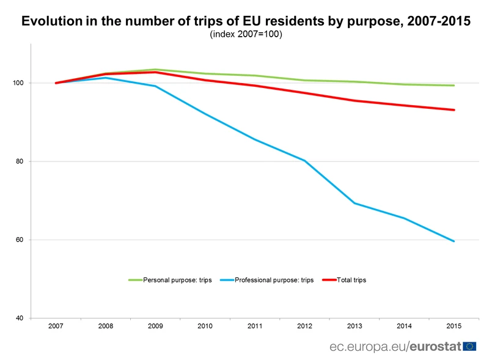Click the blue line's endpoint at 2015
pos(453,241)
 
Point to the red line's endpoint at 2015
pos(453,110)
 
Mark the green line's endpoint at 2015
pos(453,86)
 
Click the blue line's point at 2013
pos(354,203)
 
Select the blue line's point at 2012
pos(304,160)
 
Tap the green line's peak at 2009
pos(155,70)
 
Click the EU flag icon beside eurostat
pos(469,346)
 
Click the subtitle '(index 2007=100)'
pos(246,34)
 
